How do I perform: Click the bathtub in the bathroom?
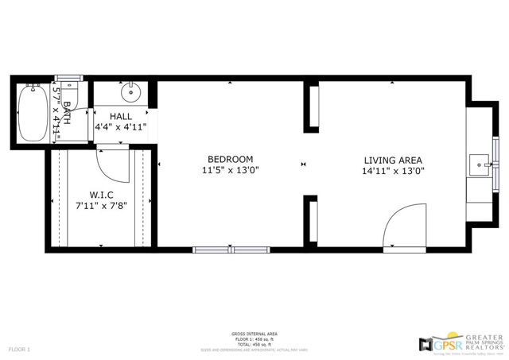32,112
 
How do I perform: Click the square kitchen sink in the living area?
479,165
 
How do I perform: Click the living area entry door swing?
406,226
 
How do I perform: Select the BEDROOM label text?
231,159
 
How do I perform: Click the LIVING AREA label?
393,159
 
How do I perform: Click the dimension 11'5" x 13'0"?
231,170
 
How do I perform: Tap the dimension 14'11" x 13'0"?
393,170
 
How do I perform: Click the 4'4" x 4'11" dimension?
121,126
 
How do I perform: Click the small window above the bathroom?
68,78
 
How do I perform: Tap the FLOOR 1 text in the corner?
19,349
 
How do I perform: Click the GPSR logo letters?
446,344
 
